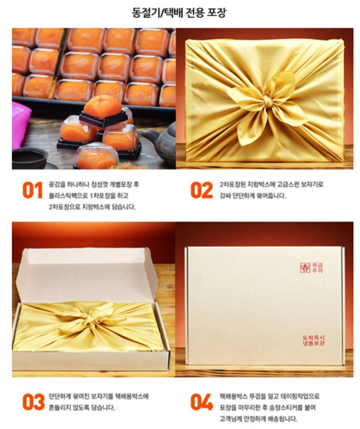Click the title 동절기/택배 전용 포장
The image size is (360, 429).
click(179, 12)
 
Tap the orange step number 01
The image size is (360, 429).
click(32, 190)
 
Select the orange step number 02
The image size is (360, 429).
click(202, 190)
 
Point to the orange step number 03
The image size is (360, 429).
click(33, 402)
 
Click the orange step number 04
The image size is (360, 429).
click(202, 402)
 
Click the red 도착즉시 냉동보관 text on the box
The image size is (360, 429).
click(314, 340)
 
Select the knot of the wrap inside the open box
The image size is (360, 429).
click(92, 318)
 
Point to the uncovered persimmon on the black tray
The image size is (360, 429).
click(103, 106)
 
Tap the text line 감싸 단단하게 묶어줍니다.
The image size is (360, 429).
click(253, 196)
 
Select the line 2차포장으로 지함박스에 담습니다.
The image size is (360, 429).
click(92, 207)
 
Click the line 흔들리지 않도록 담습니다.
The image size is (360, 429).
click(81, 408)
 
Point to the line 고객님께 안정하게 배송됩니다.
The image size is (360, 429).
click(258, 419)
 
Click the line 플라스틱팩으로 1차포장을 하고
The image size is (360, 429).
click(89, 196)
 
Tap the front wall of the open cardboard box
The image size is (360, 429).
click(90, 361)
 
